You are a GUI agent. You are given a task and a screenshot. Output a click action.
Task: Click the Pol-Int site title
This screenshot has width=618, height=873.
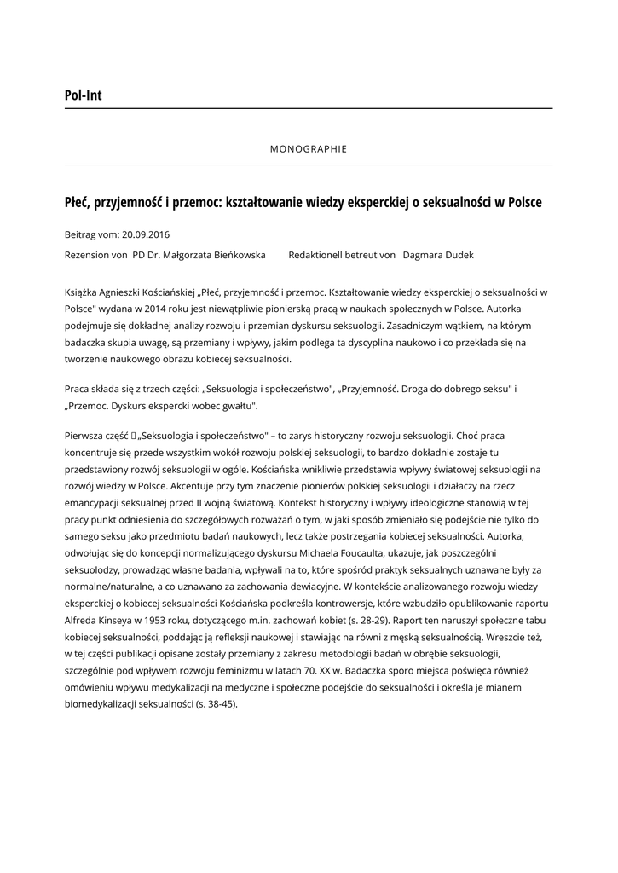[x=83, y=95]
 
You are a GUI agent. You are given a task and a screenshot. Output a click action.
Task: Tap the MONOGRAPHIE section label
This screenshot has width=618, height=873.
[x=309, y=148]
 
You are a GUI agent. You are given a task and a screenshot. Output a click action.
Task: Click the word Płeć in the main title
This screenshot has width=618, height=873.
[x=78, y=203]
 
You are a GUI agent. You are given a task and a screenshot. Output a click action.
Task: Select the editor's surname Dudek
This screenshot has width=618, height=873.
[x=456, y=255]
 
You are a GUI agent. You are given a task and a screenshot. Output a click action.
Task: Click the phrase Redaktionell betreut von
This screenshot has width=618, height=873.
[x=342, y=255]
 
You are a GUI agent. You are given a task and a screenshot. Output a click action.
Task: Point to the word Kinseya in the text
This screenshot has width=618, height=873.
[x=117, y=620]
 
